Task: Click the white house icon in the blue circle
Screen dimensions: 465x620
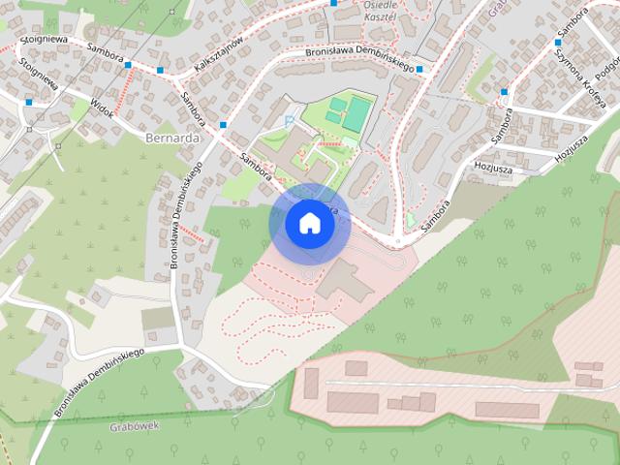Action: point(309,224)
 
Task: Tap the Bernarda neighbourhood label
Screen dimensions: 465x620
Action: point(171,139)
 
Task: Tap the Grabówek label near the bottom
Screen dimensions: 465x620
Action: point(134,424)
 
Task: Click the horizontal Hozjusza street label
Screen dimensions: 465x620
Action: point(492,167)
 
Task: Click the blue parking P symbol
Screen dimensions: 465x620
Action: point(289,120)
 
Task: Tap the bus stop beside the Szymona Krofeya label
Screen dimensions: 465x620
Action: point(558,43)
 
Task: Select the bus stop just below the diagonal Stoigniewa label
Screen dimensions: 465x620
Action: point(29,102)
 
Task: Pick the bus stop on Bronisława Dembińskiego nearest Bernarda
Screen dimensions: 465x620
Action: point(223,125)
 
